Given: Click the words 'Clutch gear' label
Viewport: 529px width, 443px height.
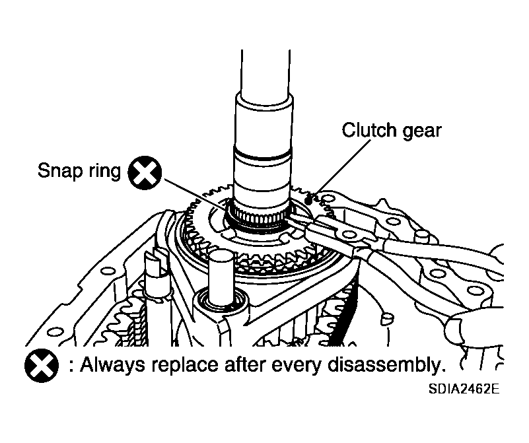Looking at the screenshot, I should pos(391,130).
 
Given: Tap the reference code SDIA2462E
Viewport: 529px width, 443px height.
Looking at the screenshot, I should pos(463,389).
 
